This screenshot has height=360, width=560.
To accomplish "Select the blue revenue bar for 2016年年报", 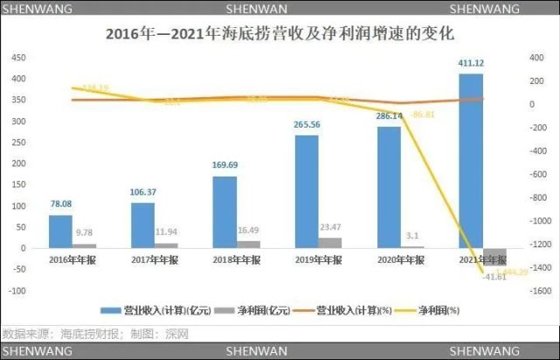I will click(x=60, y=231).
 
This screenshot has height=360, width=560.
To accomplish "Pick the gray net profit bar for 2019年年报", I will click(x=329, y=242).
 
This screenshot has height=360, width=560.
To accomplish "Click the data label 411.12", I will click(x=471, y=64).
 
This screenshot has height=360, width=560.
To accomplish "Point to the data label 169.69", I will click(x=225, y=164).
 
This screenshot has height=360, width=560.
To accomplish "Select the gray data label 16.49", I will click(x=249, y=231).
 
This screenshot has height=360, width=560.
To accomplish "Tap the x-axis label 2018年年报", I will click(x=237, y=260).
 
